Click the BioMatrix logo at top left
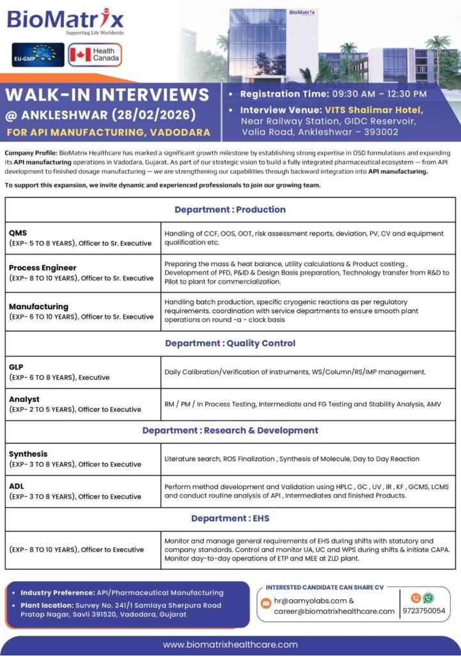click(x=66, y=20)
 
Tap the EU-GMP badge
click(x=38, y=55)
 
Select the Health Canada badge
click(x=95, y=55)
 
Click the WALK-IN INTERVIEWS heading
click(x=107, y=95)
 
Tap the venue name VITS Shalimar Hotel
click(x=373, y=109)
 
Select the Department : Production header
click(x=230, y=209)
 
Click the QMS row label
click(x=18, y=233)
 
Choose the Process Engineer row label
click(x=42, y=268)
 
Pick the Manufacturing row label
click(x=38, y=306)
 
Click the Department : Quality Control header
click(x=230, y=343)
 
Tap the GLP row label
click(x=17, y=367)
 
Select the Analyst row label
click(x=24, y=399)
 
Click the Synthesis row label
click(x=28, y=454)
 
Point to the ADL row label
click(x=17, y=486)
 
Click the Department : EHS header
click(x=230, y=519)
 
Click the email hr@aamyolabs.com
click(x=311, y=600)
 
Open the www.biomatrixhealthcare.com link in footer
click(x=230, y=645)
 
